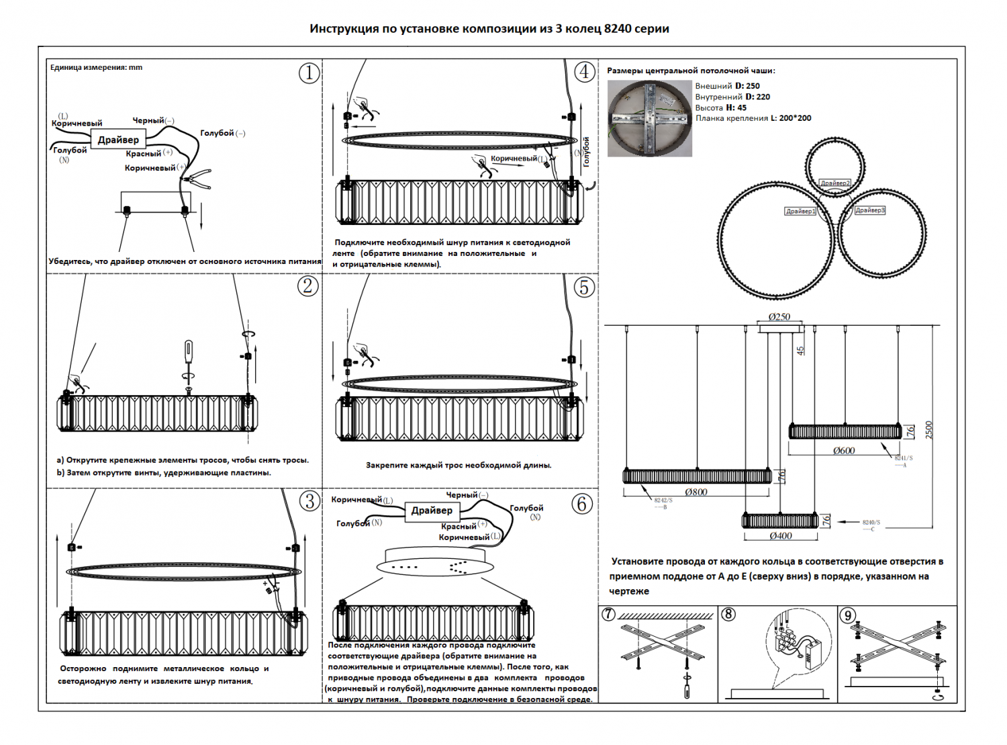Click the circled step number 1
click(309, 73)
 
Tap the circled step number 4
click(585, 71)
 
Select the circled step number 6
click(582, 504)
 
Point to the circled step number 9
click(848, 615)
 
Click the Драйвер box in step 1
click(118, 140)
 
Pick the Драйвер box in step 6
click(432, 511)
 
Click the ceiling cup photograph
click(649, 119)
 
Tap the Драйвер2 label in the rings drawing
click(834, 183)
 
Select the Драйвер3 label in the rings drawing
click(869, 210)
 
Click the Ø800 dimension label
click(696, 492)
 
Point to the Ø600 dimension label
click(844, 451)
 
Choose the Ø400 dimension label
click(781, 536)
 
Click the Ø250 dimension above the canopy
click(779, 316)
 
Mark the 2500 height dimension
click(929, 430)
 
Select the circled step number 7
click(608, 615)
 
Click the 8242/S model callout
click(663, 500)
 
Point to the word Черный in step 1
click(148, 120)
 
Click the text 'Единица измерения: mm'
click(96, 67)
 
